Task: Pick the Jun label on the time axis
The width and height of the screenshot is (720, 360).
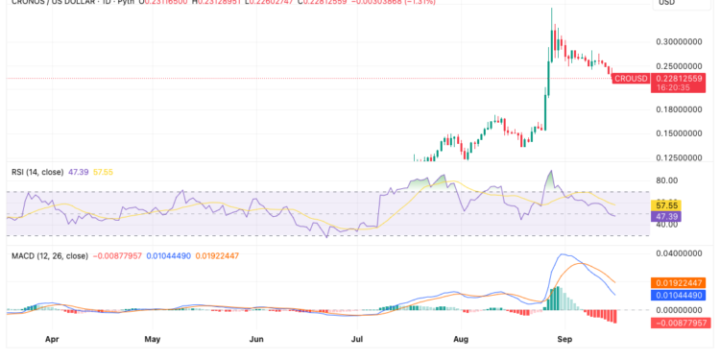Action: click(x=256, y=339)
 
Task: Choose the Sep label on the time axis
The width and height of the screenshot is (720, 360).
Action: click(x=564, y=339)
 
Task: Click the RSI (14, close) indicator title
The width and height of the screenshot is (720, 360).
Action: click(x=37, y=172)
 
